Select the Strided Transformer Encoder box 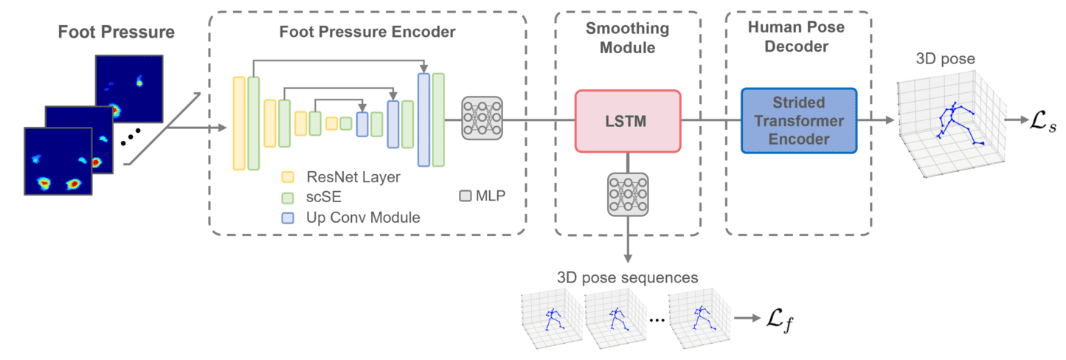click(x=798, y=120)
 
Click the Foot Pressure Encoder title click(x=367, y=32)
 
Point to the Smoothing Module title click(x=627, y=38)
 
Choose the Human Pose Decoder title click(x=798, y=38)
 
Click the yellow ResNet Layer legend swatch click(x=288, y=177)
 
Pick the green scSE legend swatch click(x=288, y=198)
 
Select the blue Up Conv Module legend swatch click(x=288, y=218)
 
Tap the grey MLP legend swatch click(x=465, y=197)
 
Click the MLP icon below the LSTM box click(x=628, y=194)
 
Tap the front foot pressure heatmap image click(x=58, y=161)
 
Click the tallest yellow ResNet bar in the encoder click(x=239, y=123)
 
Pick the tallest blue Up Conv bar click(x=423, y=120)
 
